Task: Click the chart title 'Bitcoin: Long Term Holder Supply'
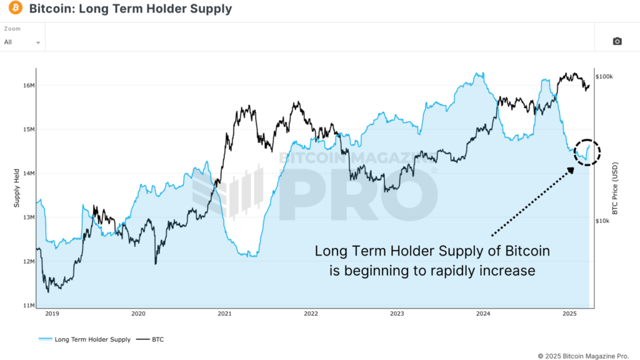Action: pos(130,9)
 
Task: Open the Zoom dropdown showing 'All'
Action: pos(22,42)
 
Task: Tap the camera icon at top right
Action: pos(617,41)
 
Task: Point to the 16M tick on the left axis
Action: pos(28,85)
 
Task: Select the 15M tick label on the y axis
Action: pos(28,129)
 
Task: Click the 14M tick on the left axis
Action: pos(28,173)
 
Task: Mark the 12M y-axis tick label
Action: pos(28,261)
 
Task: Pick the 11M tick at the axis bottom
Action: pos(28,305)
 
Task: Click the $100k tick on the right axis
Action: pos(604,76)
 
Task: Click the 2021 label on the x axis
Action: pos(225,314)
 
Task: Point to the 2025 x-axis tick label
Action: pos(569,314)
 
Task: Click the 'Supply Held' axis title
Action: pos(17,187)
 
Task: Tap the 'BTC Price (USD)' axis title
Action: pos(614,187)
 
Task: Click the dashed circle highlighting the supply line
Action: pos(587,152)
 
